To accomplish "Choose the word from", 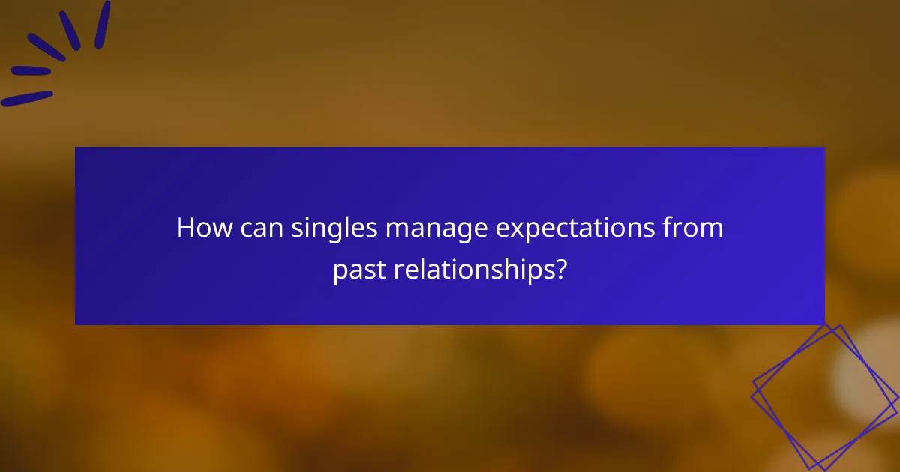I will pyautogui.click(x=695, y=229).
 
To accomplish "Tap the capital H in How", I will pyautogui.click(x=184, y=229).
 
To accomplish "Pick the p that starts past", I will pyautogui.click(x=339, y=273).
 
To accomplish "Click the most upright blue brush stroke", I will pyautogui.click(x=103, y=24).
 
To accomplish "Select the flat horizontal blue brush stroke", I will pyautogui.click(x=31, y=71).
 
